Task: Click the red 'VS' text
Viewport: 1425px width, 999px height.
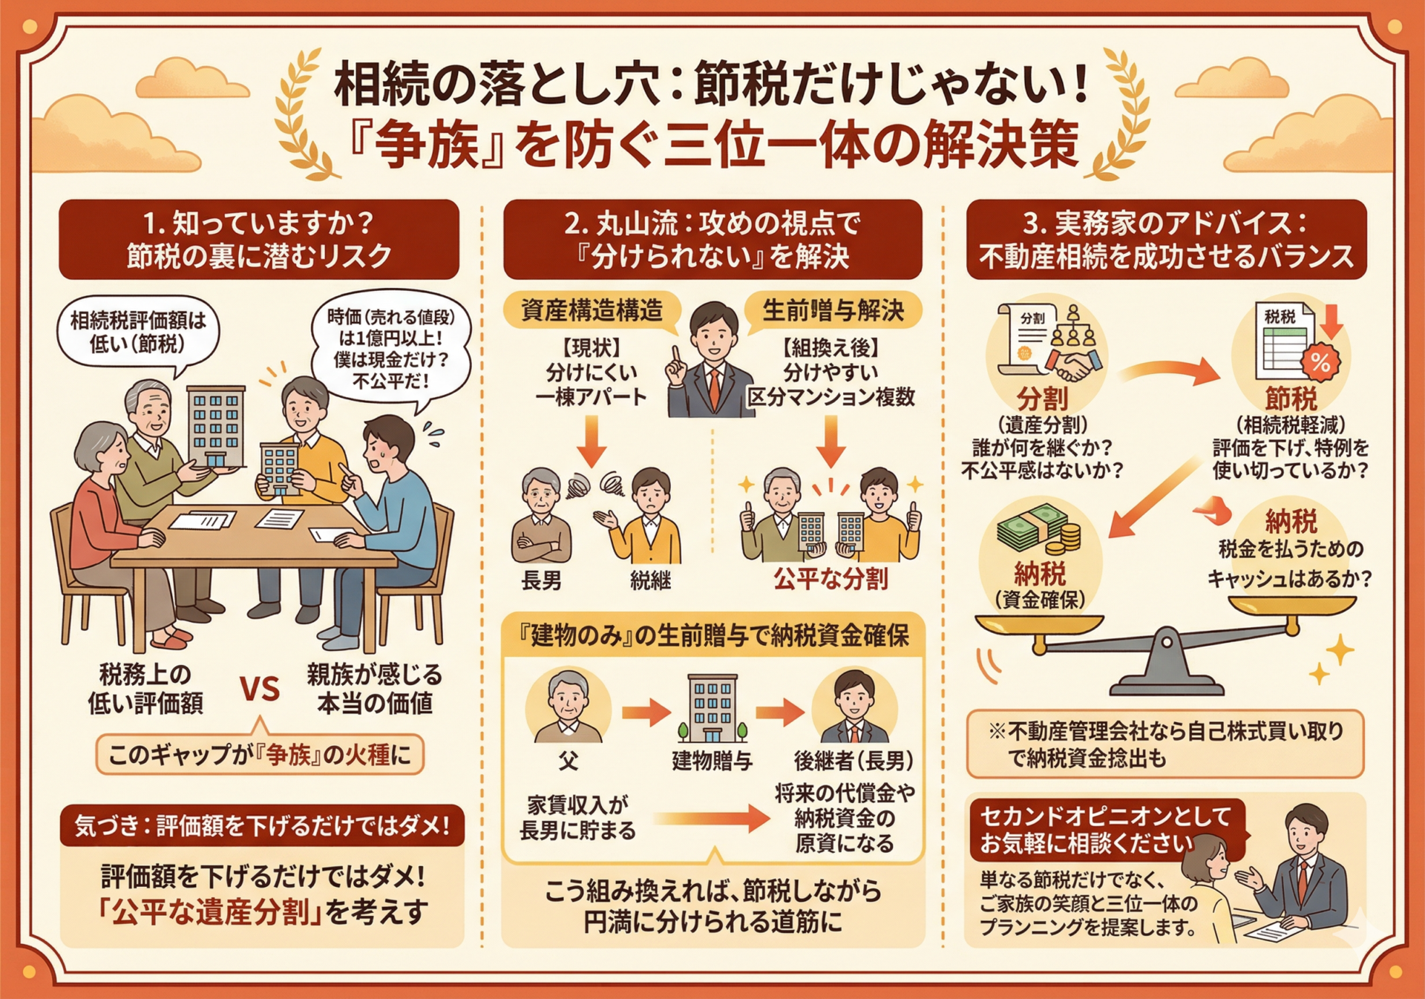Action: [x=260, y=689]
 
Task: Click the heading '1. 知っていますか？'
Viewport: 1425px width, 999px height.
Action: [x=258, y=222]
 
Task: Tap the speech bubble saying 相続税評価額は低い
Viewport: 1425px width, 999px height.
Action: [x=138, y=334]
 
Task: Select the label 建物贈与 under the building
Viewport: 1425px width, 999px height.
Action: [x=712, y=760]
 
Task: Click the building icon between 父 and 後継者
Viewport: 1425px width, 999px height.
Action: [x=712, y=708]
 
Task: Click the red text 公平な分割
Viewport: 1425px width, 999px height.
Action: [x=831, y=578]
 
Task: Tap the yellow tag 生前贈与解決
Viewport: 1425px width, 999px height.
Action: [x=833, y=310]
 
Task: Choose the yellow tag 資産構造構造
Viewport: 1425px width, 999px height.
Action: [x=592, y=310]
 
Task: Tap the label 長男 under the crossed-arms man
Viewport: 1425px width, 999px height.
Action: [x=542, y=580]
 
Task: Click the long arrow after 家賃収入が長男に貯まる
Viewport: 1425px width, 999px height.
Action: [x=712, y=819]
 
